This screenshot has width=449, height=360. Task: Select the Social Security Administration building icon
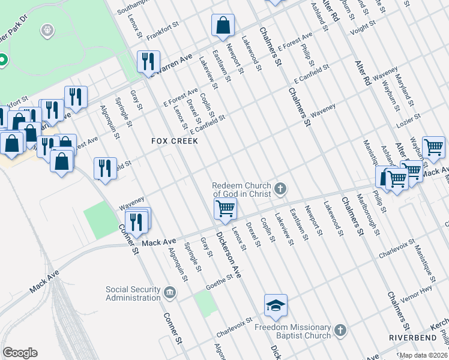[x=170, y=293]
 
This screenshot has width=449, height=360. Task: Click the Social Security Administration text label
[x=133, y=293]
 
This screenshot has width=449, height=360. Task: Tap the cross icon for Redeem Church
[x=280, y=190]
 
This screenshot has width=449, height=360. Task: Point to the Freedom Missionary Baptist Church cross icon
[x=340, y=330]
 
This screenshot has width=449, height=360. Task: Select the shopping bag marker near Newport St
[x=223, y=25]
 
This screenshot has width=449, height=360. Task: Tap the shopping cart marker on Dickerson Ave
[x=225, y=208]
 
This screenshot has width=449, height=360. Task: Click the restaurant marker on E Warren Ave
[x=147, y=61]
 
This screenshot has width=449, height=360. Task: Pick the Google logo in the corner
[x=20, y=353]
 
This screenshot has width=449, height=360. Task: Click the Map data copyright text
[x=424, y=355]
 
